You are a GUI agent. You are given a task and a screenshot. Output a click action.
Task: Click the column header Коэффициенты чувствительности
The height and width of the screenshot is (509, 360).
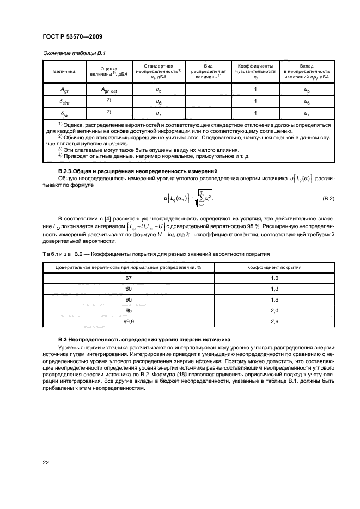[255, 71]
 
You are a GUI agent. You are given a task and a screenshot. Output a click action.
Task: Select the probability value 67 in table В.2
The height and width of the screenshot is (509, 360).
[129, 278]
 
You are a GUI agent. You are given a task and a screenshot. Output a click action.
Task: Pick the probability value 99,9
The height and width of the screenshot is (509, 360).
[129, 322]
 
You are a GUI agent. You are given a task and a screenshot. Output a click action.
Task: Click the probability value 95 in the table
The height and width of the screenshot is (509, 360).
[129, 311]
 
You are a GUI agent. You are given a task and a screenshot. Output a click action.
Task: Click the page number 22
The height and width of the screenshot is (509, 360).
[46, 462]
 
